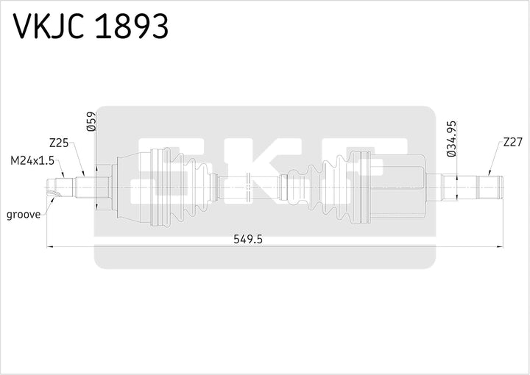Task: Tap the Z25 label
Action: pyautogui.click(x=59, y=143)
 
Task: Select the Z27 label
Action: pyautogui.click(x=513, y=143)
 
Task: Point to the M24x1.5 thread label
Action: pyautogui.click(x=30, y=160)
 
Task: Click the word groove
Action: pyautogui.click(x=23, y=215)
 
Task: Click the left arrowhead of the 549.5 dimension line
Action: pyautogui.click(x=50, y=246)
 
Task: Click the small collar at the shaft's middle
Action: pyautogui.click(x=250, y=186)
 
